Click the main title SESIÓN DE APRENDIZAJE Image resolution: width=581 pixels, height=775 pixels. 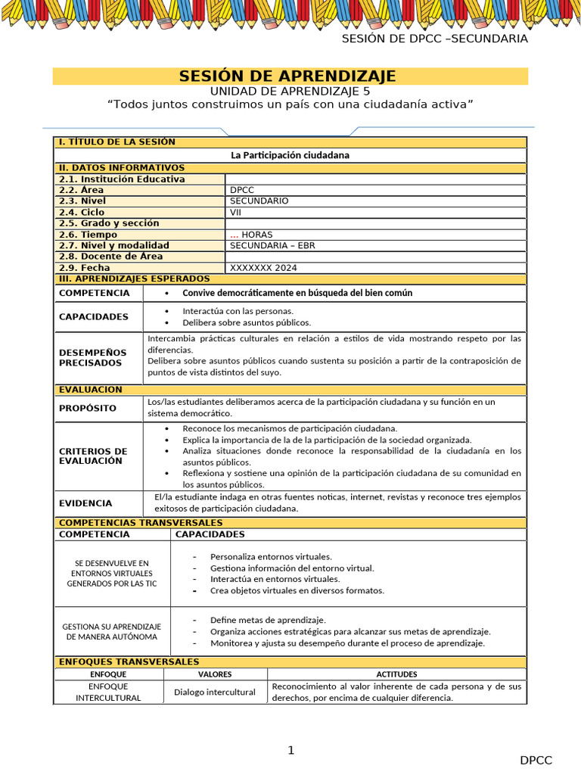pos(287,76)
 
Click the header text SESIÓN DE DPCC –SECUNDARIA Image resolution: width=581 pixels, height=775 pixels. pos(434,39)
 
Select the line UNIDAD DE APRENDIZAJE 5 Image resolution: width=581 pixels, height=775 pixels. pos(290,91)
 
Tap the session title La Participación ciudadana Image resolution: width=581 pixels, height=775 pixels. pos(290,154)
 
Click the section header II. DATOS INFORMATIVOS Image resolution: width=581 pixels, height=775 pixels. pos(122,168)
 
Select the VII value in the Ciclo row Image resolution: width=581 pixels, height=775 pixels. pos(236,213)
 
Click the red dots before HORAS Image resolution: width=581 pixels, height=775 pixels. pos(234,235)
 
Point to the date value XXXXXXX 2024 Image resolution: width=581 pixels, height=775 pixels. pos(263,268)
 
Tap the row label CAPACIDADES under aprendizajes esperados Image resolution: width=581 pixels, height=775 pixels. pos(94,316)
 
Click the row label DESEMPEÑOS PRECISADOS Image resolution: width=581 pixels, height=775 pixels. pos(90,357)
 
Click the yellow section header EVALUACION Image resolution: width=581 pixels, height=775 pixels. pos(90,390)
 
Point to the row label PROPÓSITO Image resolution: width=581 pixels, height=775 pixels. pos(88,408)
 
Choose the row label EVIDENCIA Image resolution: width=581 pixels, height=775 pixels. pos(85,503)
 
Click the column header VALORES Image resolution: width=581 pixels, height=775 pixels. pos(215,674)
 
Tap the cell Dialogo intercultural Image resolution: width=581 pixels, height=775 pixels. pos(215,692)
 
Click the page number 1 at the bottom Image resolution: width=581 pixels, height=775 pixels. pos(290,750)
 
